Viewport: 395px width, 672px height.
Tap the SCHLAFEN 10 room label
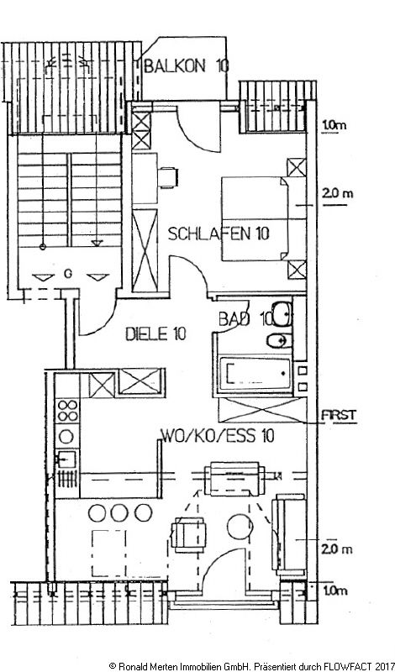pos(219,234)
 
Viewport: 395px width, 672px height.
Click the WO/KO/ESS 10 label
pos(217,435)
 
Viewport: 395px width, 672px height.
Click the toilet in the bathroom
pos(276,339)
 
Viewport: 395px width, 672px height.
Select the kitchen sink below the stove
pos(66,460)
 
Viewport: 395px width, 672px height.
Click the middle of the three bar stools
pos(120,512)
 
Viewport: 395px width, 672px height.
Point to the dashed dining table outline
pos(113,548)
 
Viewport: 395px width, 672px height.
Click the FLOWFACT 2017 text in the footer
pos(353,664)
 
